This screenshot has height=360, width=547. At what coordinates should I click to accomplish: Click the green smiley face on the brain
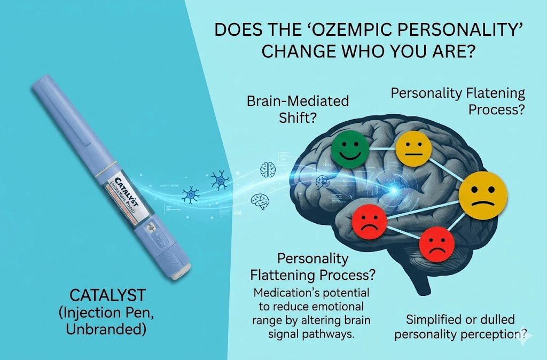click(349, 148)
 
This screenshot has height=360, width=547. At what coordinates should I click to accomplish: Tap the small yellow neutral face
click(413, 148)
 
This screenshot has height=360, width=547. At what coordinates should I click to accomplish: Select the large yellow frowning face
click(482, 195)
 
